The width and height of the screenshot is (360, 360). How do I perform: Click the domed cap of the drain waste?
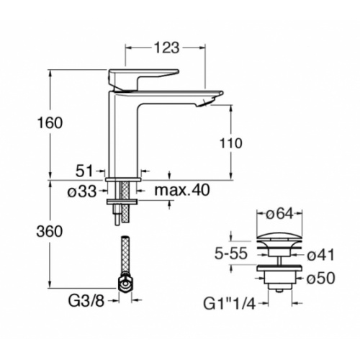point(276,236)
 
